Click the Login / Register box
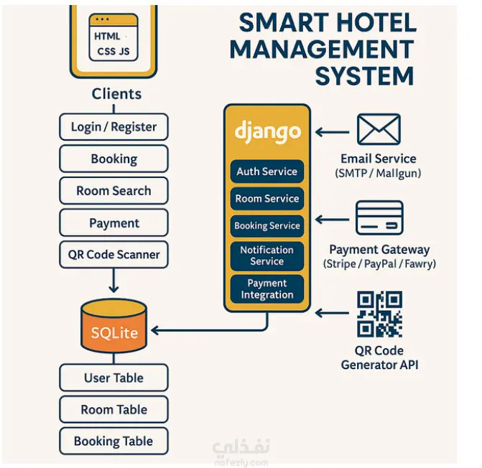click(113, 127)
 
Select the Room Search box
click(113, 191)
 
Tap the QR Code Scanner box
click(113, 255)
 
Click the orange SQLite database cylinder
click(113, 326)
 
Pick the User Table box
click(113, 378)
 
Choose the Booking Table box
click(113, 441)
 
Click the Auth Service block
click(267, 172)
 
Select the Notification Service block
click(267, 256)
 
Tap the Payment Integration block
click(267, 289)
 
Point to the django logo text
click(267, 132)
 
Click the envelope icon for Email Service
click(379, 129)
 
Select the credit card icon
click(379, 217)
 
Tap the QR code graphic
click(379, 314)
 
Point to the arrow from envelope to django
click(333, 132)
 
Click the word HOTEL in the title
click(376, 23)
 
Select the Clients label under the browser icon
click(116, 93)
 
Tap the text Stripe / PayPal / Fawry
click(379, 263)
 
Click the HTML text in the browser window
click(107, 36)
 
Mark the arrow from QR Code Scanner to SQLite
click(113, 281)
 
